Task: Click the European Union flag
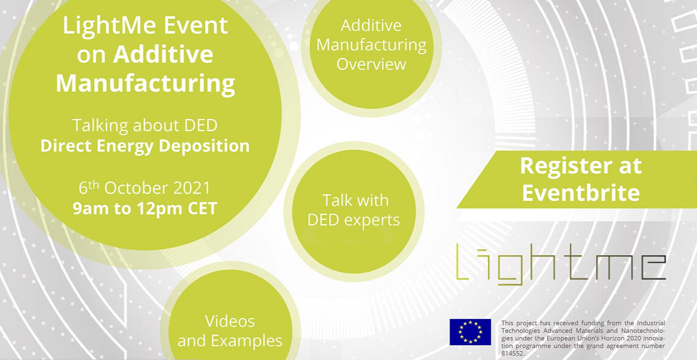(470, 332)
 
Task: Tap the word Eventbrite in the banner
(581, 193)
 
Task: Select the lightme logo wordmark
(561, 264)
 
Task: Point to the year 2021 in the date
(192, 188)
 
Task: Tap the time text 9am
(92, 208)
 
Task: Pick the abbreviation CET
(202, 208)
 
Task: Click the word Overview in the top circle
(371, 65)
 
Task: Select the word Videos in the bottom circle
(230, 321)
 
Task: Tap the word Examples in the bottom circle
(246, 341)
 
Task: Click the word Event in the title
(196, 25)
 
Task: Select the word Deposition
(204, 146)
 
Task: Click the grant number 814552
(513, 353)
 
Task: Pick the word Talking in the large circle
(100, 126)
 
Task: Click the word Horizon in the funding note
(606, 338)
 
